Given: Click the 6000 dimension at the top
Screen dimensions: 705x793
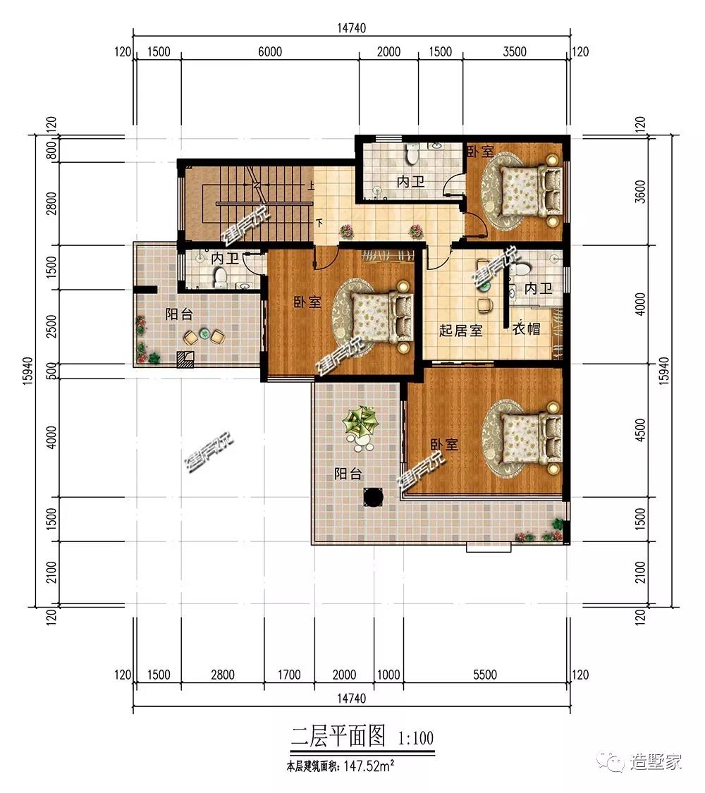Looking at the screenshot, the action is [270, 51].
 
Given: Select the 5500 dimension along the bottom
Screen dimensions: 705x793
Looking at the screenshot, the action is [485, 675].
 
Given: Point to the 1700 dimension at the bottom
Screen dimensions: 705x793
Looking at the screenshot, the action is [289, 675].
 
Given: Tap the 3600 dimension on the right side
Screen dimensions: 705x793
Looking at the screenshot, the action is [640, 192].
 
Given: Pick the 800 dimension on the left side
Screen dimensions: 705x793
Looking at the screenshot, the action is [51, 150].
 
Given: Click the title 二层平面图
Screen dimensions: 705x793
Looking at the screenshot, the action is [338, 737].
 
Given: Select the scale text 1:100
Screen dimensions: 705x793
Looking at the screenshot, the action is [416, 739].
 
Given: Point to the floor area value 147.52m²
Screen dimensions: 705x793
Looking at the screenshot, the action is [369, 766].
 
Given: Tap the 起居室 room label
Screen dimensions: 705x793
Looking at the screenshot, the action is [461, 331].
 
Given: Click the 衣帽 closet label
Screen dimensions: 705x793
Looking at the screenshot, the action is [526, 328].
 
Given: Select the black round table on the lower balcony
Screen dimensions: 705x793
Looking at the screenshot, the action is [374, 496].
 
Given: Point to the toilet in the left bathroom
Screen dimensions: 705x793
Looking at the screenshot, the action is [220, 278].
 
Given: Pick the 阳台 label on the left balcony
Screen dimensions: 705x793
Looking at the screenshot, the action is [179, 314].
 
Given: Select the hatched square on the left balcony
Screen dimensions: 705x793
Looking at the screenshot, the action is [185, 359].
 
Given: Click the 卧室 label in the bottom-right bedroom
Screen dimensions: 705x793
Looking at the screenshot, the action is [444, 445].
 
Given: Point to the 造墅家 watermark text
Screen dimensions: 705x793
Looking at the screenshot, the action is [655, 761].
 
